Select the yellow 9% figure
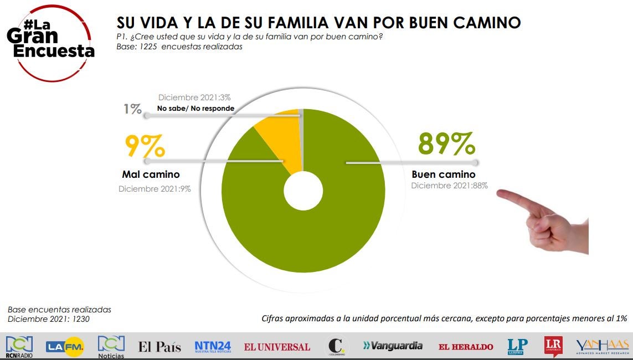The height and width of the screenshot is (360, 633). [x=145, y=147]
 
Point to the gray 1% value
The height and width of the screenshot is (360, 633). [x=132, y=109]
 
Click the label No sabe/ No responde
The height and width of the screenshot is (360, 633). [x=195, y=109]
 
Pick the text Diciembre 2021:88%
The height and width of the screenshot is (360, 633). [x=449, y=186]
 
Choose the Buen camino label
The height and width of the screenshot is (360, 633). [x=444, y=174]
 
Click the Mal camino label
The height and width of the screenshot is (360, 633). [x=151, y=175]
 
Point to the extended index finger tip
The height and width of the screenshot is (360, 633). [x=500, y=193]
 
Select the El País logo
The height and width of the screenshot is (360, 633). [x=159, y=347]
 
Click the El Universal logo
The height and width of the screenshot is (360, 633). [x=277, y=347]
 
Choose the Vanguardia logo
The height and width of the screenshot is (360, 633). [x=393, y=346]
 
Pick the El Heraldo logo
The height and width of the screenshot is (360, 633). [x=466, y=347]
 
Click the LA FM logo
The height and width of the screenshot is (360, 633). [x=65, y=347]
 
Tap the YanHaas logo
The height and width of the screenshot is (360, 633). [x=602, y=346]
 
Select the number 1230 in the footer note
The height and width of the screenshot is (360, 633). [x=79, y=320]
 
